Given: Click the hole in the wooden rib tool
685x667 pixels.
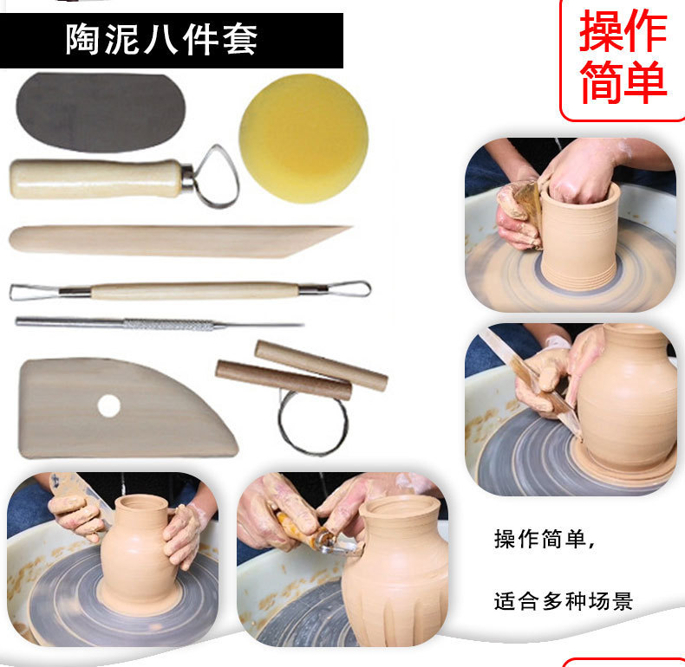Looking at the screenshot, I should point(108,405).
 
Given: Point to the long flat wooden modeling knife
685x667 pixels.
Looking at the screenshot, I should point(173,240).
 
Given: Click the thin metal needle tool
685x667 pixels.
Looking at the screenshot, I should point(156,324).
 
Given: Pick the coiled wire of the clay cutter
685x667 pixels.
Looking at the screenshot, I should point(311,423).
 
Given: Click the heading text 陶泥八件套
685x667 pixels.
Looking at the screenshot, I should point(161,40).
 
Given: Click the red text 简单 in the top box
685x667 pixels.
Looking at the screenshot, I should point(623,81).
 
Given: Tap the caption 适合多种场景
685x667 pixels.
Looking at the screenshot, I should point(564,599).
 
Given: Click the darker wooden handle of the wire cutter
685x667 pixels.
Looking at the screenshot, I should point(283,380).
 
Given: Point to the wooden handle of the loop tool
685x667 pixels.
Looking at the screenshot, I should point(95,178).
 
